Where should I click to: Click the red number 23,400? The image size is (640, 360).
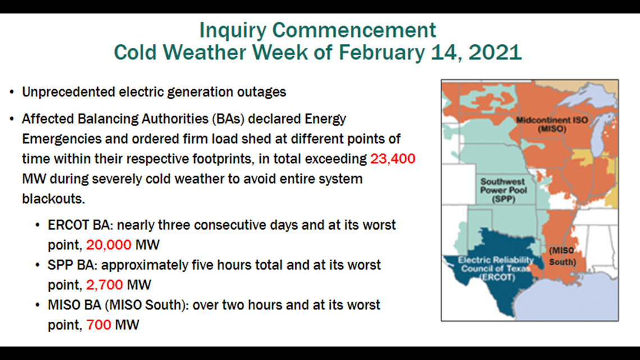click(x=392, y=159)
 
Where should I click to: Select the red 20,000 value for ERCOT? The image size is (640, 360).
click(x=108, y=245)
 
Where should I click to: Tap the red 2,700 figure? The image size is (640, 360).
click(x=104, y=285)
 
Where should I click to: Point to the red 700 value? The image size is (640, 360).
click(x=99, y=325)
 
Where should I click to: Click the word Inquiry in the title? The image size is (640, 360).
click(x=232, y=31)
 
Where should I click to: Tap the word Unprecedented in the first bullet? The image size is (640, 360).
click(x=68, y=93)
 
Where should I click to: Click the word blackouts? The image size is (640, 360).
click(x=53, y=199)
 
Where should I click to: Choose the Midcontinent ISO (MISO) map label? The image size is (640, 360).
click(x=552, y=125)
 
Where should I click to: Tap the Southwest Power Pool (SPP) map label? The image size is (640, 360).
click(x=503, y=190)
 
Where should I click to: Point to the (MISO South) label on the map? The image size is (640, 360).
click(x=563, y=256)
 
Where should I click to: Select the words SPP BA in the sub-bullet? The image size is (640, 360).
click(x=71, y=265)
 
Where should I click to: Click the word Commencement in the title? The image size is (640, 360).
click(x=354, y=31)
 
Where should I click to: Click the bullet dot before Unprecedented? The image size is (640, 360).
click(x=12, y=92)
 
